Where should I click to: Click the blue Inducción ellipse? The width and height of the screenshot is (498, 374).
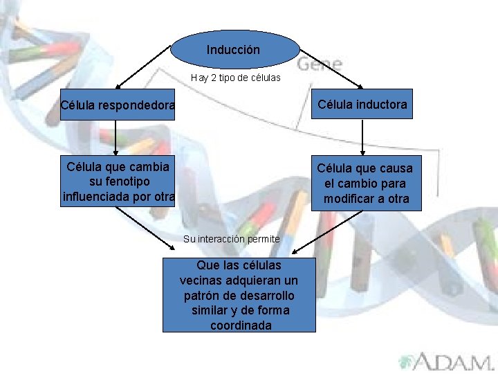coord(234,49)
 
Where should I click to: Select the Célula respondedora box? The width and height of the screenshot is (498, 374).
coord(118,106)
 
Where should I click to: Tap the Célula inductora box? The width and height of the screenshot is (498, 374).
coord(362,105)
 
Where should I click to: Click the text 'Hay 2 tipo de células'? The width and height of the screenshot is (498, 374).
coord(236,78)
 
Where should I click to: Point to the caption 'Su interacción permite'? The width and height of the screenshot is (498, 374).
coord(231,239)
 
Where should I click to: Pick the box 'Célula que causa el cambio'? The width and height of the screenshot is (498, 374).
coord(365,184)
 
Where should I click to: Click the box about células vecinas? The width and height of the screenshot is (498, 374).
coord(239,295)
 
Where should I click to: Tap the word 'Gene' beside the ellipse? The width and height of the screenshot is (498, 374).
coord(320,64)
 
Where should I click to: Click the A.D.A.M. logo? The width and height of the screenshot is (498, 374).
coord(445,362)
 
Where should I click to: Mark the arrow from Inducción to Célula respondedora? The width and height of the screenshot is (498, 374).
coord(142,67)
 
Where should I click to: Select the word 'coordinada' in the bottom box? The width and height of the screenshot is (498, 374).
coord(240,325)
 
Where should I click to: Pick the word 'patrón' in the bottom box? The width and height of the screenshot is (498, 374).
coord(201,295)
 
